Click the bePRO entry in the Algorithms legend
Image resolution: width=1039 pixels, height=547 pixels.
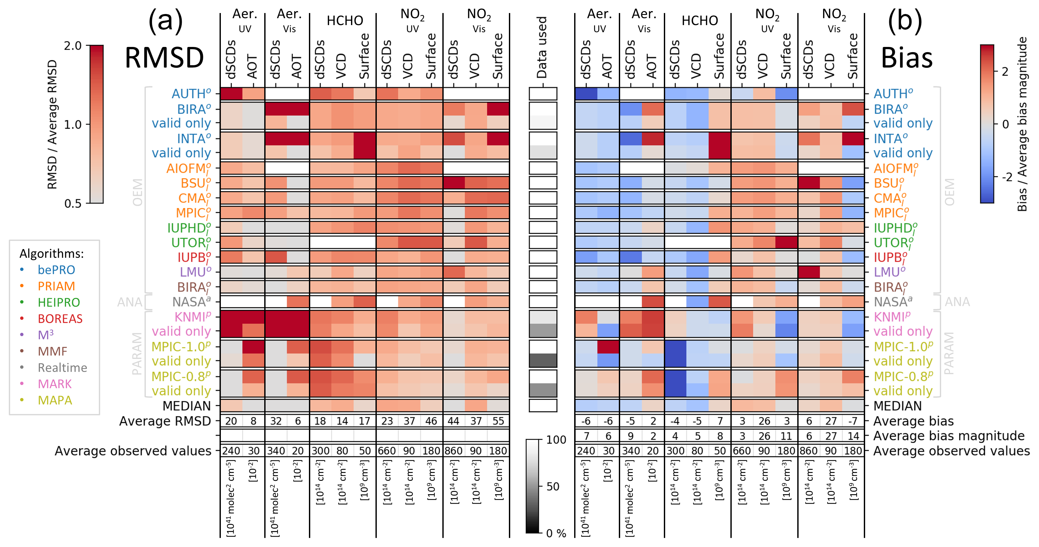pyautogui.click(x=56, y=270)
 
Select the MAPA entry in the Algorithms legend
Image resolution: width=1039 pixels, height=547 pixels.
pyautogui.click(x=55, y=400)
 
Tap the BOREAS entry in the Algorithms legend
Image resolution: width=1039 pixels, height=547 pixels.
pyautogui.click(x=60, y=319)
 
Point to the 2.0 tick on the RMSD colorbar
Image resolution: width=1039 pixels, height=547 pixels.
pyautogui.click(x=73, y=46)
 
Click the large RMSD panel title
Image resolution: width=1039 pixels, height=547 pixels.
pyautogui.click(x=164, y=58)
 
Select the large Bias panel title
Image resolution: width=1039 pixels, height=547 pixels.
pyautogui.click(x=906, y=58)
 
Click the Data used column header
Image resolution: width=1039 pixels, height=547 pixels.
pyautogui.click(x=542, y=48)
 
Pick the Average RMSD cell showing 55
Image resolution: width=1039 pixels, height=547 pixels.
pyautogui.click(x=498, y=421)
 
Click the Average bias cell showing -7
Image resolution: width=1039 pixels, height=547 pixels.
pyautogui.click(x=853, y=421)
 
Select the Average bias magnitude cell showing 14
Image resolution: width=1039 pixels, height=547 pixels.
pyautogui.click(x=853, y=436)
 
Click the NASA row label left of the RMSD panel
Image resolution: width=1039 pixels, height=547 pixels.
pyautogui.click(x=191, y=302)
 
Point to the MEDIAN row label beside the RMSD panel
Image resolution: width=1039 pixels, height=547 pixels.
pyautogui.click(x=186, y=406)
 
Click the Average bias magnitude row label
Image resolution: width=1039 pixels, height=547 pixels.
pyautogui.click(x=949, y=436)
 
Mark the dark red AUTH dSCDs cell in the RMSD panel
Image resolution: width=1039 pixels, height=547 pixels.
pyautogui.click(x=231, y=94)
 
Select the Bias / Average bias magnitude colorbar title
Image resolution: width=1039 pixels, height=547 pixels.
pyautogui.click(x=1022, y=124)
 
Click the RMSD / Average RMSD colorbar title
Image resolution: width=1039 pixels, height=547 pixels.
pyautogui.click(x=53, y=124)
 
